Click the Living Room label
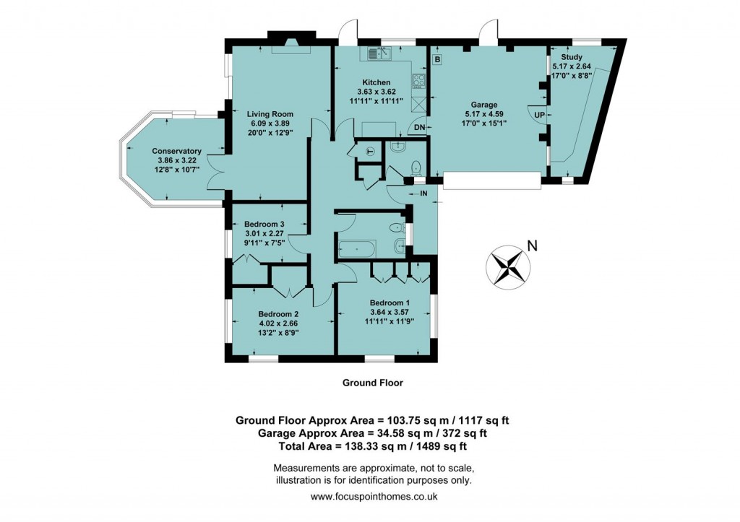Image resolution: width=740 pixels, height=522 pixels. coord(270,114)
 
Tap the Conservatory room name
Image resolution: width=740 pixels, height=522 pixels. coord(176,151)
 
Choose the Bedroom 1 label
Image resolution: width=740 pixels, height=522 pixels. coord(390,303)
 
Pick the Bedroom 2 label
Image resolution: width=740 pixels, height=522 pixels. coord(278,314)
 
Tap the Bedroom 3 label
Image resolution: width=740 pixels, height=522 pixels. coord(264,224)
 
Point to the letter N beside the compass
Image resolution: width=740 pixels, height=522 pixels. coord(532,246)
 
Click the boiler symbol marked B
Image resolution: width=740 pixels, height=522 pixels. coord(437,58)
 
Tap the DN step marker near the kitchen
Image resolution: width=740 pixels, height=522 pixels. coord(419,128)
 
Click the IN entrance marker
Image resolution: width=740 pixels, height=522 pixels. coord(423,193)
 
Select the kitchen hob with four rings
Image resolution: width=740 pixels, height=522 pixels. coord(419,82)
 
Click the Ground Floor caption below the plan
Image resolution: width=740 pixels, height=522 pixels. coord(372,383)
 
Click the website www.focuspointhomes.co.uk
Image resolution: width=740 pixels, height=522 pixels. coord(374,497)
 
